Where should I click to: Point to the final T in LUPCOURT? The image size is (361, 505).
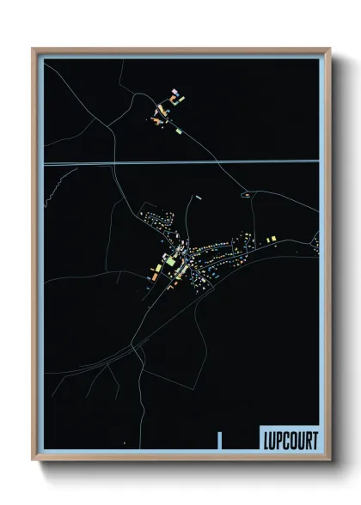click(x=314, y=440)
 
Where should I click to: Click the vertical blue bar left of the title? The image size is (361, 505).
click(x=220, y=439)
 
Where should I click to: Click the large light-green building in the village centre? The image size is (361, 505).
click(x=171, y=259)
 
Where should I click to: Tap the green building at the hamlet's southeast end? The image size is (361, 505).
click(x=179, y=132)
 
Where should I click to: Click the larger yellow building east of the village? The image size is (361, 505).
click(x=272, y=238)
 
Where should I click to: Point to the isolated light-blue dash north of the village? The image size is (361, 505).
click(x=198, y=197)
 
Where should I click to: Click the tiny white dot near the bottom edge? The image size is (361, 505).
click(x=125, y=441)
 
